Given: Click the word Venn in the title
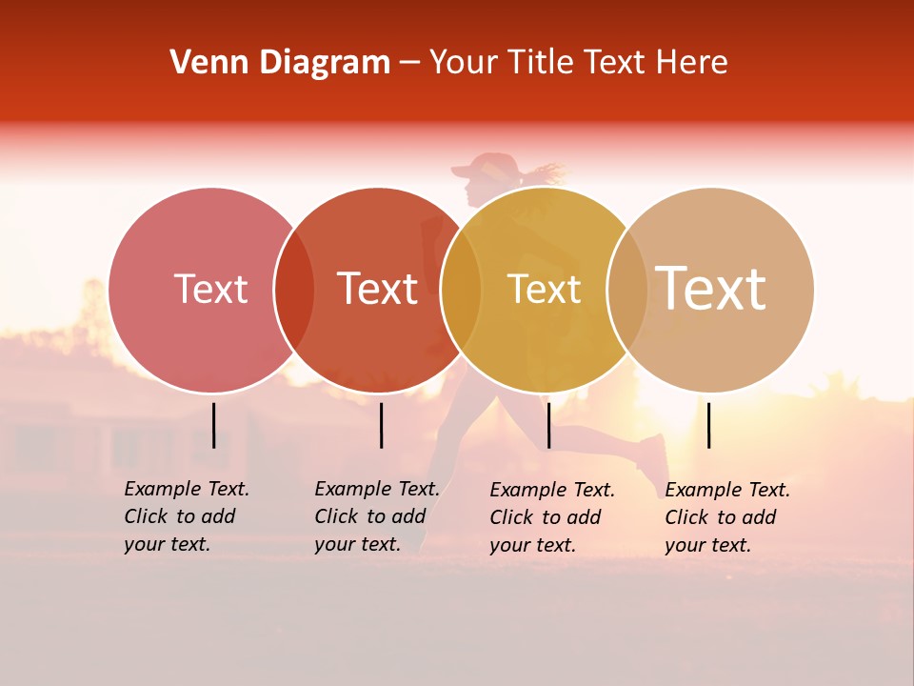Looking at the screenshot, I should [203, 63].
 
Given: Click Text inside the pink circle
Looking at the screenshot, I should [210, 289].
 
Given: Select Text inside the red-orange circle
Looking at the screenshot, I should [377, 289].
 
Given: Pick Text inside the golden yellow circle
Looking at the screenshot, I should [544, 289].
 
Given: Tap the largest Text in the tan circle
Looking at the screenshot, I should [711, 288].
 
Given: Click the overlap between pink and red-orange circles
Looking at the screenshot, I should [294, 290].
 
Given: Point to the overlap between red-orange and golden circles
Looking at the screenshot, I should [461, 290].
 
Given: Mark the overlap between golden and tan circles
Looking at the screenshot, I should [627, 290].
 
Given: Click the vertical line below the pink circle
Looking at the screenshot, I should [213, 425].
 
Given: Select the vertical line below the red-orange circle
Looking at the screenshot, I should [381, 425].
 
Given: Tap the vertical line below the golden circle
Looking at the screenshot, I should [548, 425].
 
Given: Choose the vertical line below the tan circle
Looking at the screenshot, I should [708, 425].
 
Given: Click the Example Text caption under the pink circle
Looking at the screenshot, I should [186, 516].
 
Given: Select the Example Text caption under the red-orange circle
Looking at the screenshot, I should [376, 516].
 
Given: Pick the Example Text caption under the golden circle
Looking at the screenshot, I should [551, 517].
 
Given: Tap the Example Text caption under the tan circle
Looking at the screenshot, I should [726, 517].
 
